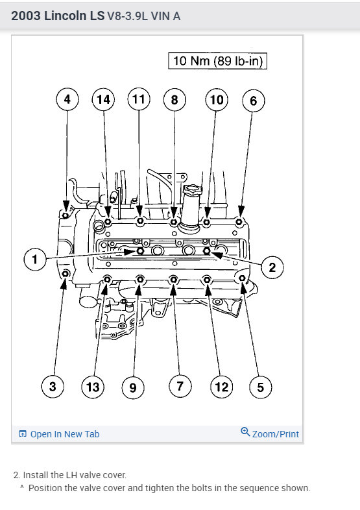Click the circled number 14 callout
pyautogui.click(x=103, y=99)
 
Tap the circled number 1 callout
pyautogui.click(x=35, y=260)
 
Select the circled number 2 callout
pyautogui.click(x=272, y=267)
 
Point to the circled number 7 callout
pyautogui.click(x=180, y=386)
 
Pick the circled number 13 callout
pyautogui.click(x=93, y=387)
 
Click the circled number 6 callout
pyautogui.click(x=254, y=101)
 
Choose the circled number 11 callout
pyautogui.click(x=139, y=99)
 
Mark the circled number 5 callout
pyautogui.click(x=261, y=387)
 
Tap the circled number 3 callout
pyautogui.click(x=53, y=387)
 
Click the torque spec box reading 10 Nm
pyautogui.click(x=217, y=61)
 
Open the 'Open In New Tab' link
pyautogui.click(x=65, y=434)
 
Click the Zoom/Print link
pyautogui.click(x=276, y=434)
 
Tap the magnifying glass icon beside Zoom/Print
pyautogui.click(x=245, y=432)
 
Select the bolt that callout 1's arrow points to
pyautogui.click(x=141, y=251)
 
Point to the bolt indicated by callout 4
pyautogui.click(x=66, y=215)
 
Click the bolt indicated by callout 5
pyautogui.click(x=243, y=278)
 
